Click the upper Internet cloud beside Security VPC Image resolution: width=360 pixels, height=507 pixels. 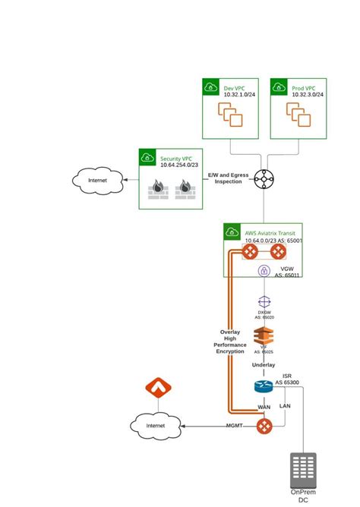point(97,181)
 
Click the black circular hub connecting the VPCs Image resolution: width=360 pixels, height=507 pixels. point(264,180)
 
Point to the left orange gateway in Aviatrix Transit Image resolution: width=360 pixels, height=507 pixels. point(251,252)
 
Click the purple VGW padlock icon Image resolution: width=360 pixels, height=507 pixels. point(264,271)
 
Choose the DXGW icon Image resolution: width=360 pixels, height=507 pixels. point(264,303)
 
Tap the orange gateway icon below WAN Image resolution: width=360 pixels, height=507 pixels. point(264,426)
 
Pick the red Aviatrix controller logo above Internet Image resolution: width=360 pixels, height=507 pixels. point(158,389)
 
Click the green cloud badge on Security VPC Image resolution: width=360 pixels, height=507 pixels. point(147,157)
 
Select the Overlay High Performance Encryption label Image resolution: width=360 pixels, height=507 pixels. point(230,342)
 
